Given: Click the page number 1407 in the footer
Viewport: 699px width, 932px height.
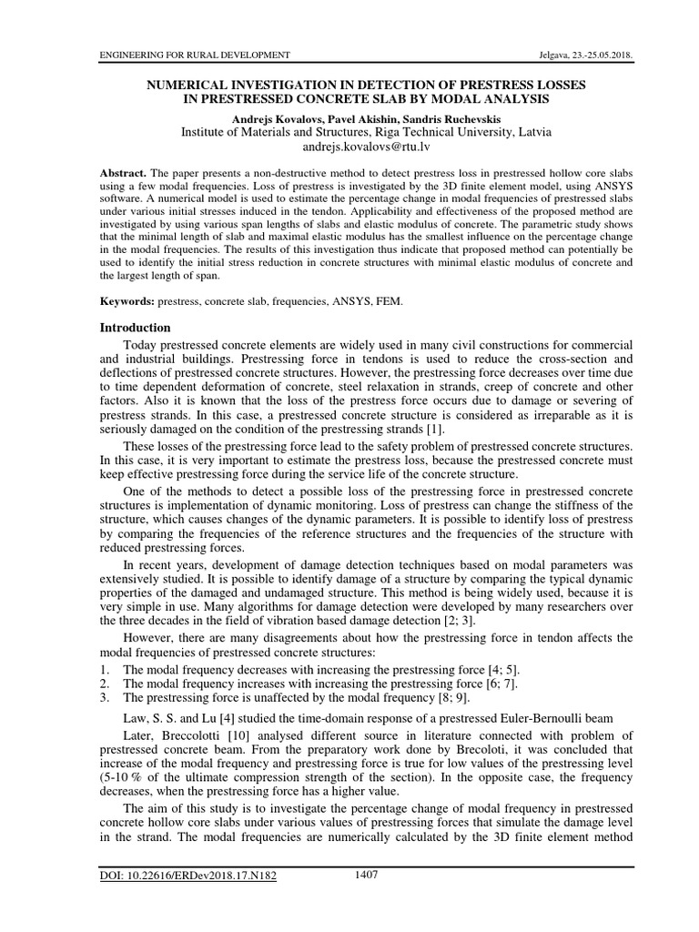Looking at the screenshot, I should (366, 876).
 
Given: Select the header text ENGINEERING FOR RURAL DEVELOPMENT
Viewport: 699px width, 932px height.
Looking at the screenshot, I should (194, 56).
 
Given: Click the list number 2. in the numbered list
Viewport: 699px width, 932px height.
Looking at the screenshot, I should (106, 684).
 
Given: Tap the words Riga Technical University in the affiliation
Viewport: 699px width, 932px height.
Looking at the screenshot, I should (421, 132).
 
